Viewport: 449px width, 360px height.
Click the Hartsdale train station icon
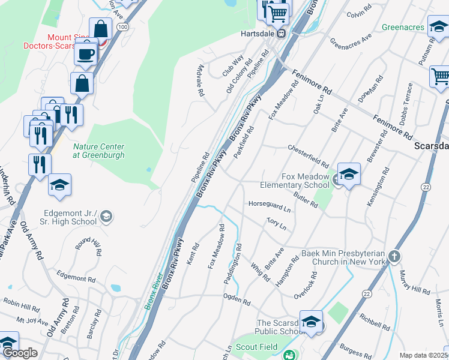click(x=280, y=34)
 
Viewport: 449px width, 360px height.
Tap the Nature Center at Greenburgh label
click(x=98, y=151)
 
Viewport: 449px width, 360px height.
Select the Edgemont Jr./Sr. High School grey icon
click(x=106, y=216)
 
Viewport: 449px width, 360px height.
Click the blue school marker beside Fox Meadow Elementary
click(x=349, y=175)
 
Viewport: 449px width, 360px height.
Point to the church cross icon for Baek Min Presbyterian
click(x=394, y=257)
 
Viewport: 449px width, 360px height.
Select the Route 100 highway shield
click(x=123, y=27)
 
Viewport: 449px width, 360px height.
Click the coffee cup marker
click(x=86, y=53)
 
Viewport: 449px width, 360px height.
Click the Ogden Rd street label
click(x=236, y=299)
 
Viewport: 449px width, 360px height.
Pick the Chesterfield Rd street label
click(x=308, y=156)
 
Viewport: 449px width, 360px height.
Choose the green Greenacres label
click(x=403, y=27)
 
